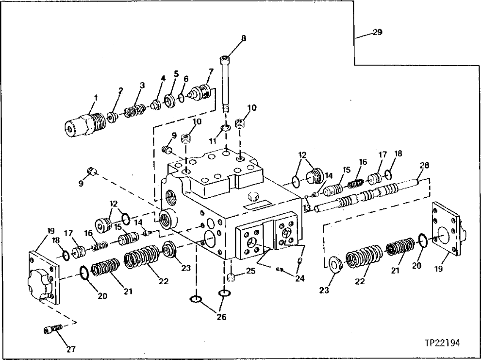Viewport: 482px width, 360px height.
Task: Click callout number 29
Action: click(377, 33)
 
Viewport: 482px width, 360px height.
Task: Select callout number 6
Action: click(185, 78)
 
